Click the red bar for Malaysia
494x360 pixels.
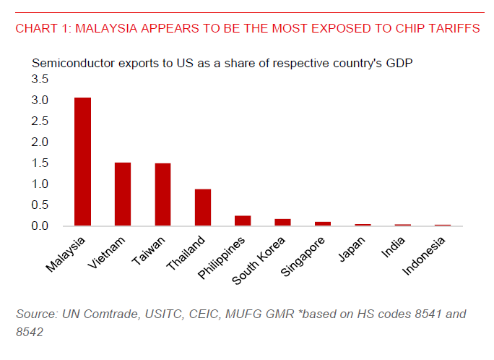click(82, 161)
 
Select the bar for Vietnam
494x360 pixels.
click(123, 194)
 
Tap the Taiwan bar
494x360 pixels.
click(162, 194)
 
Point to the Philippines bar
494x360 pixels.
click(243, 220)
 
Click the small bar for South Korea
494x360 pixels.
click(283, 222)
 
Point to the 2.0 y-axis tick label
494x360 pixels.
click(40, 142)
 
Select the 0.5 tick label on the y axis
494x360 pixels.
click(40, 205)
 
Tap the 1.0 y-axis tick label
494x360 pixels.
click(40, 184)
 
